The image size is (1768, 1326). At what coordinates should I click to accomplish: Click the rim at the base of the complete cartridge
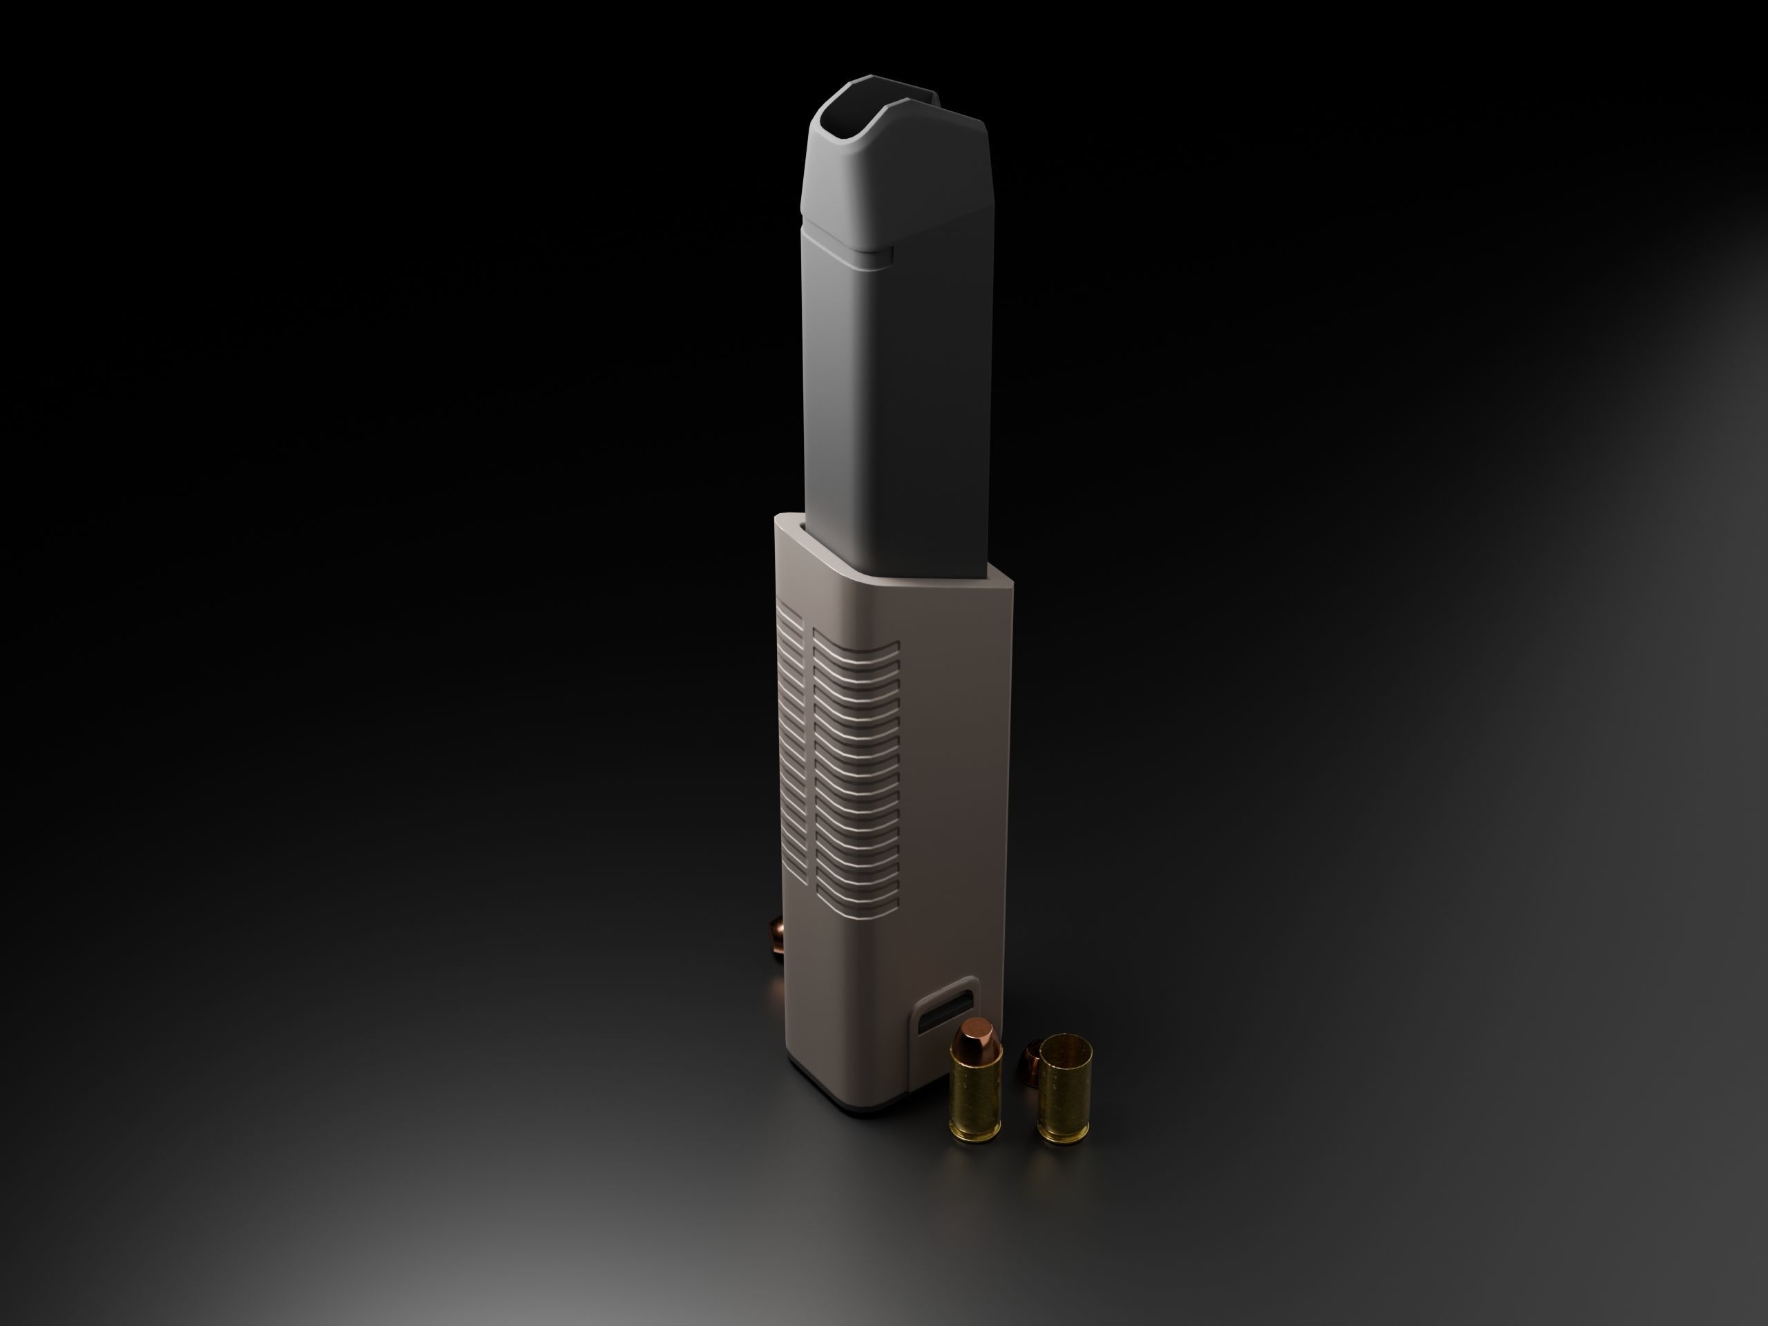pos(976,1136)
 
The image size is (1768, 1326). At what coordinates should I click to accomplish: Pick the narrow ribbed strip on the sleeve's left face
pos(791,743)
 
